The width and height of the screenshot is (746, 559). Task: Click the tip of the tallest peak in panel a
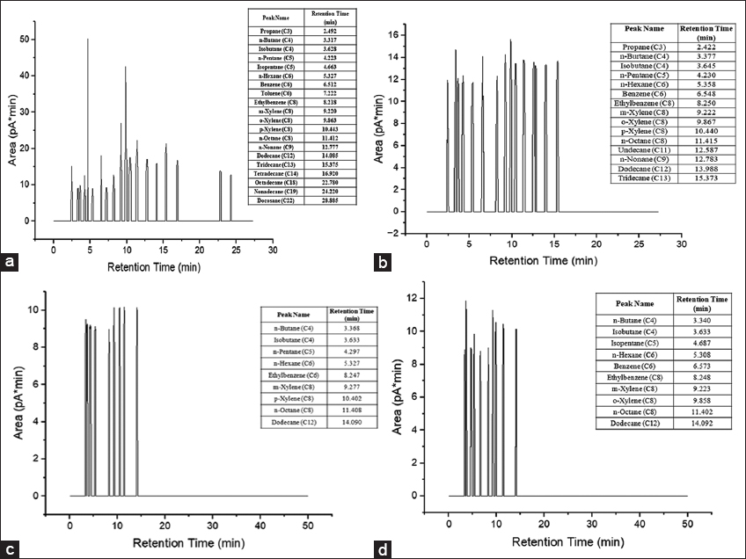point(88,39)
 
